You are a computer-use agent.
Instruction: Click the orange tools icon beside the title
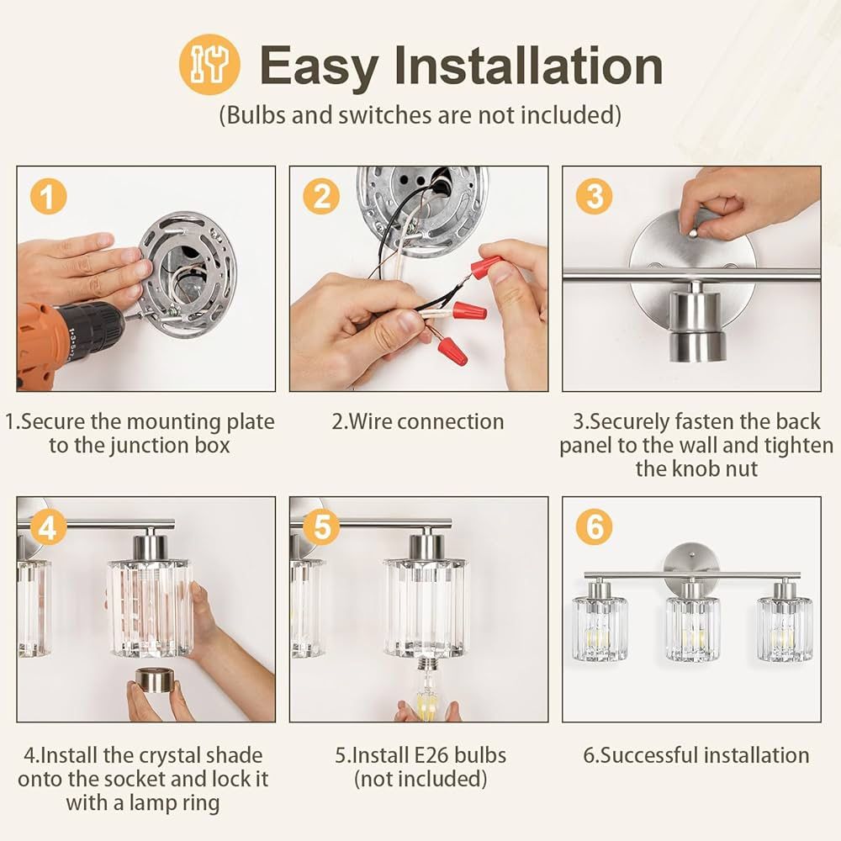[x=209, y=65]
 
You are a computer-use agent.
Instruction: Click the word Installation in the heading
[x=528, y=66]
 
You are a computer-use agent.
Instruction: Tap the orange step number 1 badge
[x=48, y=196]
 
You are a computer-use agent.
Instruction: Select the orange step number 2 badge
[x=321, y=196]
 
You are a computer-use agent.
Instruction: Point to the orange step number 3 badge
[x=595, y=196]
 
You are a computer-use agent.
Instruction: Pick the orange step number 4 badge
[x=48, y=527]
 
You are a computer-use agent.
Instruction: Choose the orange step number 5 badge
[x=321, y=527]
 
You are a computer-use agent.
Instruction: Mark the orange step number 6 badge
[x=595, y=527]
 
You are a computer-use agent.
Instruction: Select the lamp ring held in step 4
[x=154, y=681]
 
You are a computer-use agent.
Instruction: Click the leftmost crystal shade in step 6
[x=599, y=628]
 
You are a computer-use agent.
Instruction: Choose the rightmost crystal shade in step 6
[x=785, y=628]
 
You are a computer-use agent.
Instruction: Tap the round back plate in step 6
[x=691, y=562]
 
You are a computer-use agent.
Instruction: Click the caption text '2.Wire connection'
[x=418, y=421]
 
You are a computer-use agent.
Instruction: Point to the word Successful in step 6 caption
[x=643, y=755]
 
